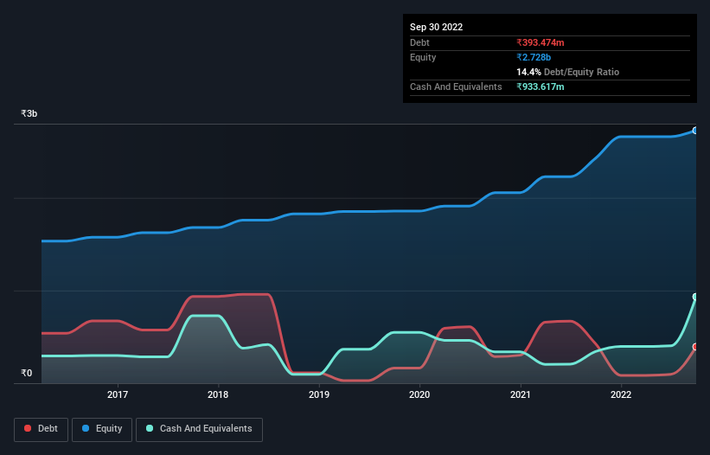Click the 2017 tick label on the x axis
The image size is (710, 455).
click(x=118, y=394)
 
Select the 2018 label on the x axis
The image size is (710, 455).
click(x=218, y=394)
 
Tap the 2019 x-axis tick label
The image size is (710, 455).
click(x=319, y=394)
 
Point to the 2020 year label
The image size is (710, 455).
click(x=419, y=394)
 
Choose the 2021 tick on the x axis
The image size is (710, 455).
click(x=521, y=394)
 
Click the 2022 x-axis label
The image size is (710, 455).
click(x=621, y=394)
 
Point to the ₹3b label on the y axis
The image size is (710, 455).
click(x=29, y=113)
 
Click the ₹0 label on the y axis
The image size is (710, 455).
click(x=27, y=374)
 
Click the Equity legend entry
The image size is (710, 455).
click(x=102, y=429)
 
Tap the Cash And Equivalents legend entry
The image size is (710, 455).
click(x=199, y=429)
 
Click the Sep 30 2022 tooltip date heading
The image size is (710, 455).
click(x=437, y=27)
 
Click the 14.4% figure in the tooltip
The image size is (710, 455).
click(x=528, y=72)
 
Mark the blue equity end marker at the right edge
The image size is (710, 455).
click(x=695, y=131)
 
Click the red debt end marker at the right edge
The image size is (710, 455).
click(x=695, y=347)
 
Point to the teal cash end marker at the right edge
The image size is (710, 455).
click(x=695, y=297)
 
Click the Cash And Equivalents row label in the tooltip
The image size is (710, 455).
click(x=456, y=87)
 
